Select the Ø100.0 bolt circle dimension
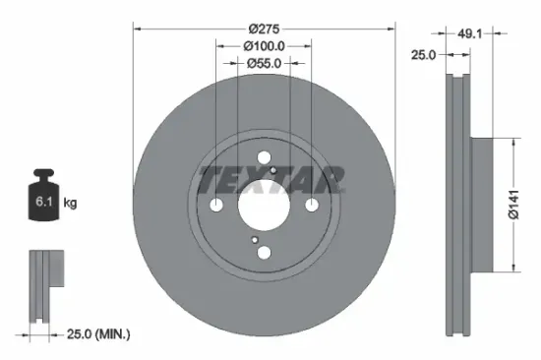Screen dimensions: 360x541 264,44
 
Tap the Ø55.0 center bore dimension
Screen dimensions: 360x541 264,62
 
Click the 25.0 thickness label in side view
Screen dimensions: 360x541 424,56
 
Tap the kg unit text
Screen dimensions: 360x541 71,203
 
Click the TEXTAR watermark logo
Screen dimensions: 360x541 271,179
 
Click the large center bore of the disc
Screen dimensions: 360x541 264,205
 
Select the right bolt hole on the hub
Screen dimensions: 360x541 311,205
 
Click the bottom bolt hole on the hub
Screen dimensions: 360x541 264,253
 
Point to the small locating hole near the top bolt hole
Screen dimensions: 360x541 273,171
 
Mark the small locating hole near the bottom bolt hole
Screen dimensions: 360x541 254,239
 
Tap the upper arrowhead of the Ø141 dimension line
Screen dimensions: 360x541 512,142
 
